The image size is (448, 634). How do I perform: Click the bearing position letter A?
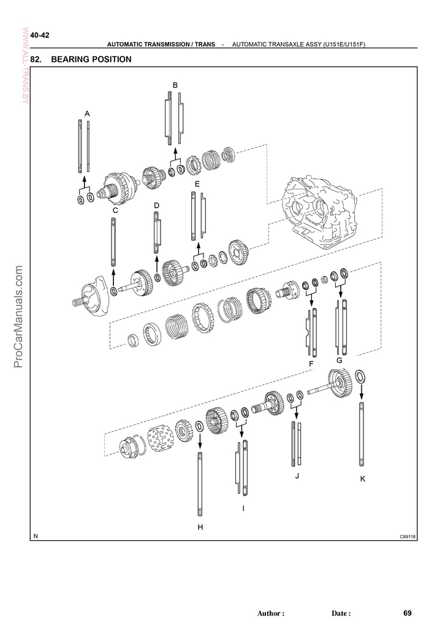point(87,114)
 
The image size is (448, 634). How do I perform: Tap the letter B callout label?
point(175,85)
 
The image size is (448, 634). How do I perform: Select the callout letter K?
point(363,479)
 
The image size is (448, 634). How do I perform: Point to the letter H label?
point(200,527)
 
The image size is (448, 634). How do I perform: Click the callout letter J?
point(297,476)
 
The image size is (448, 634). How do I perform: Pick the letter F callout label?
point(311,364)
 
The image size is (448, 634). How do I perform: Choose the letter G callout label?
point(339,360)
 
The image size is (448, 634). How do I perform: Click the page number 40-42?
point(40,36)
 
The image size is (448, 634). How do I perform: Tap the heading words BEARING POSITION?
point(91,59)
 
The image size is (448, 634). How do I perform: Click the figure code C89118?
point(408,537)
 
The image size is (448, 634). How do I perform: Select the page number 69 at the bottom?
point(408,613)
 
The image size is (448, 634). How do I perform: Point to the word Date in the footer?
point(339,613)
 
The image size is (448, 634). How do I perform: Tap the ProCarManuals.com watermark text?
point(18,317)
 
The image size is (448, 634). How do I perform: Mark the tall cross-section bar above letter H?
point(200,485)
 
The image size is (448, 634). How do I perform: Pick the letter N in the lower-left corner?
point(36,536)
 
